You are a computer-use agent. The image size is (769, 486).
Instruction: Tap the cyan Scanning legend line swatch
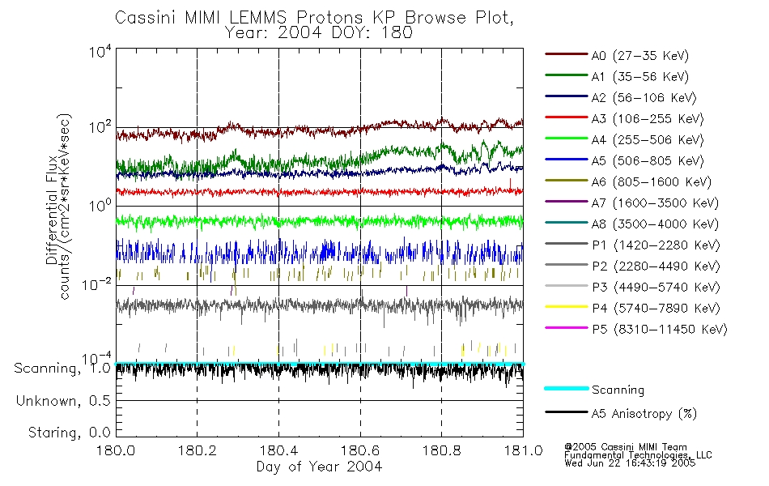coord(565,390)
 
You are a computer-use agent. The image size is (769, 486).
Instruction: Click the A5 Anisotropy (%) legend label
coord(644,414)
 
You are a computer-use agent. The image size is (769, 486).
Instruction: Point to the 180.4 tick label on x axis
coord(278,451)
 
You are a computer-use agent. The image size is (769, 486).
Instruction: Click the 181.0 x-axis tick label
coord(522,451)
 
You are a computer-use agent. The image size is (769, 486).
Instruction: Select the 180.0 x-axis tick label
coord(116,451)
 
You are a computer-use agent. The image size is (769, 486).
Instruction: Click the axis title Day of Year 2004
coord(319,467)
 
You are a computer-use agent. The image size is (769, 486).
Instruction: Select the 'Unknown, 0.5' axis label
coord(65,401)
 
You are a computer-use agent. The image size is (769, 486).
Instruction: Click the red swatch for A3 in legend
coord(565,119)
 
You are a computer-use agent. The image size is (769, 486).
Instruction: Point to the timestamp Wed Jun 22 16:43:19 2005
coord(629,465)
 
